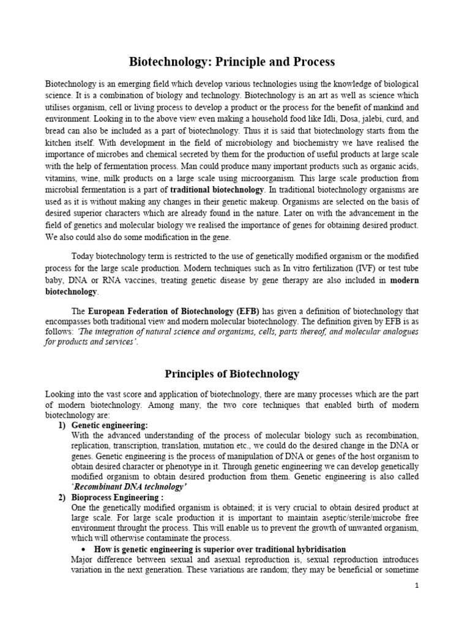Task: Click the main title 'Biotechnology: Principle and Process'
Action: point(232,62)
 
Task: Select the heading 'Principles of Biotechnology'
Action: point(232,374)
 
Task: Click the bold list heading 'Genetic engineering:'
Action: point(110,424)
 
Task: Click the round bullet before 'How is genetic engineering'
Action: point(83,549)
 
